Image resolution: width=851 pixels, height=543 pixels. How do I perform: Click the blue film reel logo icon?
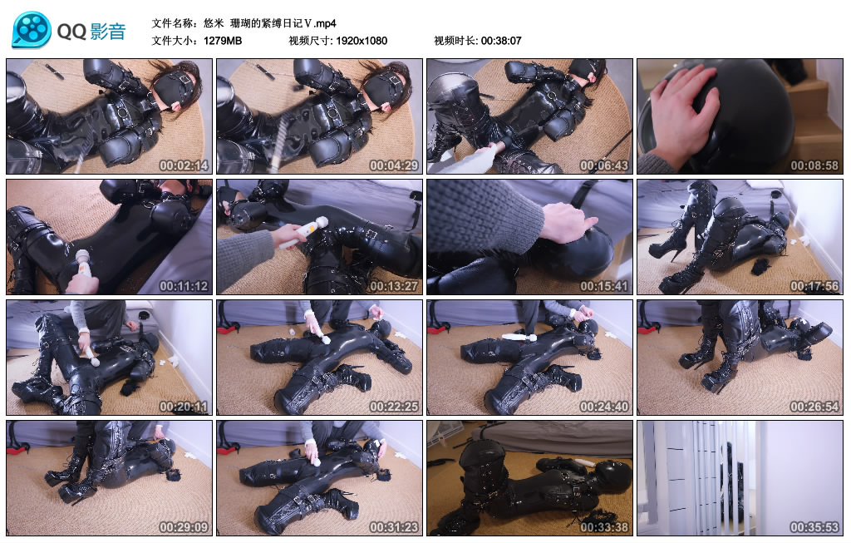[31, 30]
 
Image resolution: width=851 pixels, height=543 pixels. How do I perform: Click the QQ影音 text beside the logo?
[91, 32]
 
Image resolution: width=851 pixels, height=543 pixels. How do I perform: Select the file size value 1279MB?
[223, 41]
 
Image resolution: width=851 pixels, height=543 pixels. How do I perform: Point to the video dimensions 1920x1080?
[362, 41]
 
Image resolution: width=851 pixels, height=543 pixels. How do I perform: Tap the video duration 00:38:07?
[499, 41]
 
